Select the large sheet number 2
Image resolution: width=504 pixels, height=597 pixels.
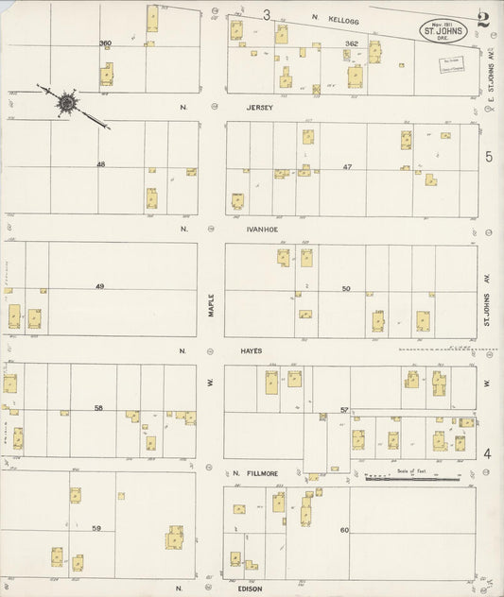[x=483, y=19]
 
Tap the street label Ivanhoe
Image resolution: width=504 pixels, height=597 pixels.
[x=260, y=228]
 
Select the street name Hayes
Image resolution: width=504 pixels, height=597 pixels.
[x=251, y=350]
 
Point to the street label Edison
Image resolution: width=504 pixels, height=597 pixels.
[x=251, y=588]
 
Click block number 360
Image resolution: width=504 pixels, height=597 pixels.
[x=105, y=43]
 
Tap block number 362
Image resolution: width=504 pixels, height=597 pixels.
[x=352, y=43]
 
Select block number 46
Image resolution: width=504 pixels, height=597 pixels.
[x=99, y=164]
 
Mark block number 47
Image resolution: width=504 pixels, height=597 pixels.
[x=347, y=166]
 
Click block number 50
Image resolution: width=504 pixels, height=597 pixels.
[x=346, y=287]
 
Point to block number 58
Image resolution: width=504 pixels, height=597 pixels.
[x=98, y=408]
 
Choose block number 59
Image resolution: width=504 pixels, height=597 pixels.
[x=96, y=528]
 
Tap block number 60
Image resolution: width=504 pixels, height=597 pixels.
[x=344, y=530]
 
